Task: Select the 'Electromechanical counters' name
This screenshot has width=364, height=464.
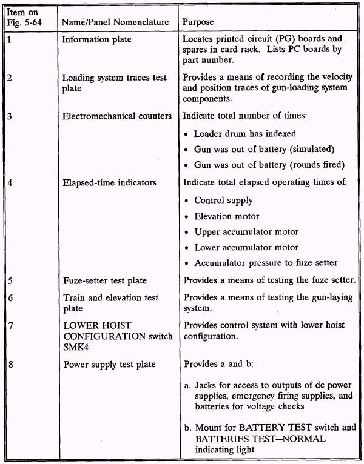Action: tap(117, 116)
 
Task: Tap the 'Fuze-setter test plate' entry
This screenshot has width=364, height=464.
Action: tap(104, 280)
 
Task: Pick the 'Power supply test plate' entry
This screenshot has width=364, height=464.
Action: tap(109, 364)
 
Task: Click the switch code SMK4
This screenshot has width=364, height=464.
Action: tap(76, 346)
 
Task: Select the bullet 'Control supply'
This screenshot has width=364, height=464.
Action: tap(223, 200)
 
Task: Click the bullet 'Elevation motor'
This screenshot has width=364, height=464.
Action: tap(226, 216)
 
